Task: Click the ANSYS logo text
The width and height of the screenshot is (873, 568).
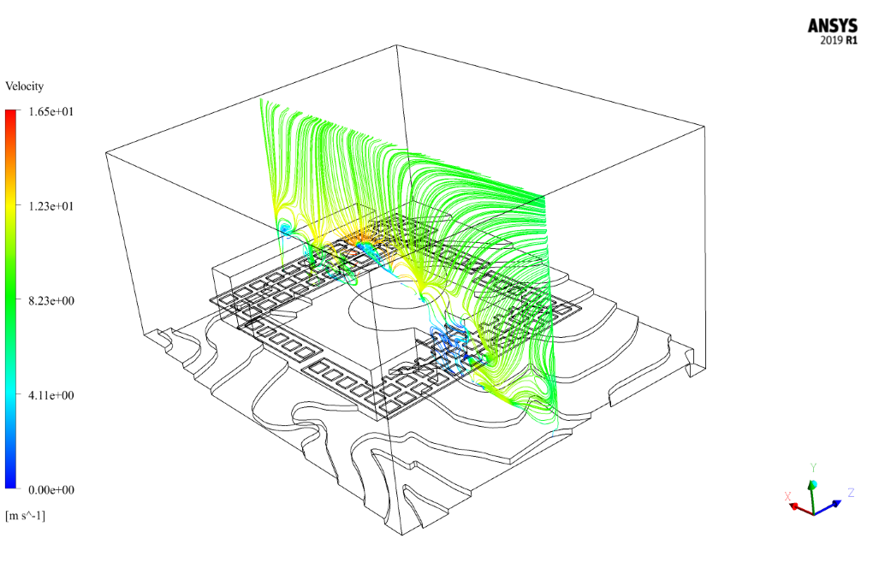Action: point(833,26)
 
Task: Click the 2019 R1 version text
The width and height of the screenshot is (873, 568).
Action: point(839,40)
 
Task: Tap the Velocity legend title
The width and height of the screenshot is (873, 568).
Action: point(25,86)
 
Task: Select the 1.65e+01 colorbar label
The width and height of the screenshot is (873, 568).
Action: point(51,111)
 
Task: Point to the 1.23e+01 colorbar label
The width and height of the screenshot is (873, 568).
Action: point(51,206)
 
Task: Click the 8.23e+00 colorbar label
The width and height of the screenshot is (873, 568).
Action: point(51,300)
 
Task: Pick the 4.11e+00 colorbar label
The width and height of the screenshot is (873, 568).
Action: point(51,395)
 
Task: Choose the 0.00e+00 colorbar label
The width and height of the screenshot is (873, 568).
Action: point(51,489)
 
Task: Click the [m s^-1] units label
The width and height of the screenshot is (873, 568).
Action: point(25,516)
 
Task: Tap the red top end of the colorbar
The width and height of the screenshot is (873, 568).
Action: point(11,113)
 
